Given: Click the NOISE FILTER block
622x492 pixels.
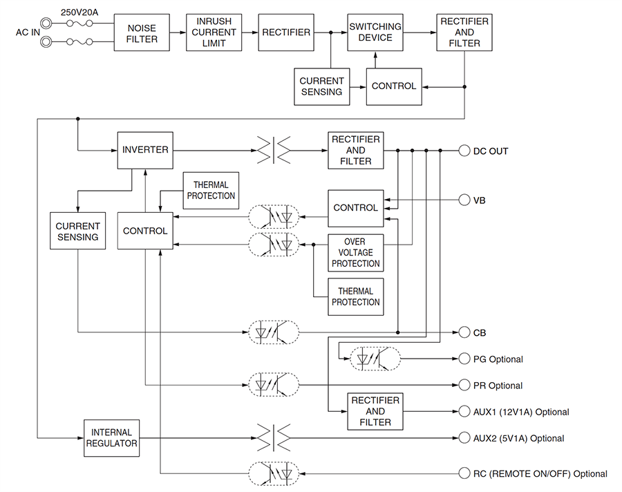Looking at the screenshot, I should [x=142, y=33].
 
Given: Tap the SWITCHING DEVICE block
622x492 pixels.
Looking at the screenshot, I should [x=375, y=32].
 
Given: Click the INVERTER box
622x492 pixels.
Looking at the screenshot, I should [x=144, y=150].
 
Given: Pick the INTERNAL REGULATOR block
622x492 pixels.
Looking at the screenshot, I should [x=111, y=437].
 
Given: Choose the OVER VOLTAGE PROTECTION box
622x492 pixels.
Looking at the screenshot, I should [x=355, y=252].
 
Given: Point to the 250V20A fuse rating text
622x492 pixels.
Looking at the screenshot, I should [x=79, y=12].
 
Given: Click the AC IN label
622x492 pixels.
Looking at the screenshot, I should [x=28, y=32].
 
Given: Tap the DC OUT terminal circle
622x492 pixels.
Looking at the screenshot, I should [x=464, y=150].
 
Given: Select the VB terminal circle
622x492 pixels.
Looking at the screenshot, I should [x=464, y=200].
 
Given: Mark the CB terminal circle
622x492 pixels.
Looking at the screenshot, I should [x=464, y=332].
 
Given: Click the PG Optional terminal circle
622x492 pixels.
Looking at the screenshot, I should [x=464, y=359].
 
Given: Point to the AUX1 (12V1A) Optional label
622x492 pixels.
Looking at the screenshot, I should [x=521, y=412].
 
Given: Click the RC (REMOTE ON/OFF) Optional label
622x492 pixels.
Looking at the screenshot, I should [x=540, y=473].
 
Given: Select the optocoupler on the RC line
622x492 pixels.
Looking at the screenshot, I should [x=274, y=473].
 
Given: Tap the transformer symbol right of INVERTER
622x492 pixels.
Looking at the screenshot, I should [x=274, y=150].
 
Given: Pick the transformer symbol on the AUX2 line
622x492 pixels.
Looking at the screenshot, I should [x=274, y=437].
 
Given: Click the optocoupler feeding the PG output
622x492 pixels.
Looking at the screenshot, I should [x=375, y=359].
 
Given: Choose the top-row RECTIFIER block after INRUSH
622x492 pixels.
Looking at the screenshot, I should [x=285, y=32].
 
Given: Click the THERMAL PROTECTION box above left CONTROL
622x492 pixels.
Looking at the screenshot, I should [x=211, y=190].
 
